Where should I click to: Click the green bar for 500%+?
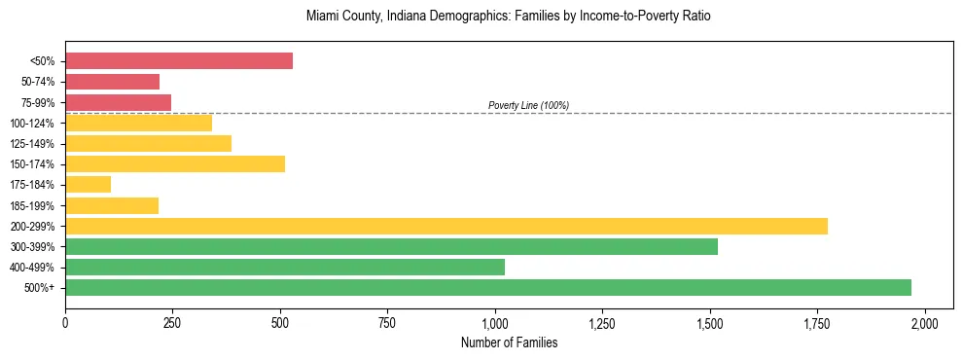coord(488,287)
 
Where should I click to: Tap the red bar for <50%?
coord(179,61)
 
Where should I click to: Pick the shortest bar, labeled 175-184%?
coord(88,184)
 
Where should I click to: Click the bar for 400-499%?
coord(285,267)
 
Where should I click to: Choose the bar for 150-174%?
coord(175,163)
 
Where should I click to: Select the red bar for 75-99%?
coord(118,102)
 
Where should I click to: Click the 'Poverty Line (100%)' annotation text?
coord(528,105)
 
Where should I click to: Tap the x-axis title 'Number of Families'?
coord(509,342)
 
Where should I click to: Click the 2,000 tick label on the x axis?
coord(925,323)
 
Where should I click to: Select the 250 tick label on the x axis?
coord(172,323)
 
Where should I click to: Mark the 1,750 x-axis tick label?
coord(817,323)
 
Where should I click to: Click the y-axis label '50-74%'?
coord(38,82)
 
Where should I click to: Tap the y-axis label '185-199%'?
coord(34,205)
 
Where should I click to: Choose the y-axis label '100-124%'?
coord(34,123)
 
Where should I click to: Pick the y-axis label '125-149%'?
coord(34,144)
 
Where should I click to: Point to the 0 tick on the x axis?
coord(65,323)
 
